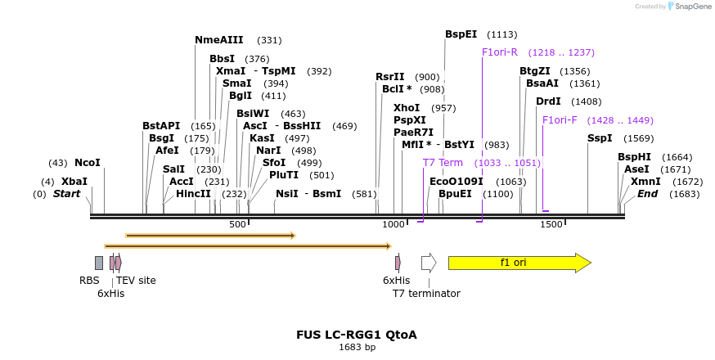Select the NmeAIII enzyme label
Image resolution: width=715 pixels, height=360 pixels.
point(218,40)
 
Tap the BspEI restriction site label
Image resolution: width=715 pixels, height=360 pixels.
point(461,34)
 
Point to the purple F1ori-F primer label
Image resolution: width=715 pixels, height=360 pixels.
point(560,120)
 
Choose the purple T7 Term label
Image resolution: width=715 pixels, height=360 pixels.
point(443,163)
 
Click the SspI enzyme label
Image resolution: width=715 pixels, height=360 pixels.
point(600,138)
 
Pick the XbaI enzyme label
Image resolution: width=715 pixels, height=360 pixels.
point(74,181)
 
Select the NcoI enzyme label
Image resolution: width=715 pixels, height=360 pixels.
point(87,163)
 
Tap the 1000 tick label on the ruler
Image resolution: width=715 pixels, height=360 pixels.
point(393,224)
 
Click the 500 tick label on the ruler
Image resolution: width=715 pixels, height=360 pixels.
point(237,224)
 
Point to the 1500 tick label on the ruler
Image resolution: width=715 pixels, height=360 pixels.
point(551,224)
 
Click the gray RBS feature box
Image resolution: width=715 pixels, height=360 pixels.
point(99,263)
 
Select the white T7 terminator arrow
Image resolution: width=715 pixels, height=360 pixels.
point(428,263)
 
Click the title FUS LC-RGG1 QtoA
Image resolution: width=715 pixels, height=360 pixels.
point(357,335)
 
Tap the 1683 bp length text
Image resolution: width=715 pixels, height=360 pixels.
point(357,347)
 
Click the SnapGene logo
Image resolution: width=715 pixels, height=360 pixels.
point(690,7)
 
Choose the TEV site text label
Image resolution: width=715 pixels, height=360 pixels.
point(136,281)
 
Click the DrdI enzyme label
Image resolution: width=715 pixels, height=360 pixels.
point(548,101)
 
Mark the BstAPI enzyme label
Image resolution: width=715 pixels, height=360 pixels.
point(161,126)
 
